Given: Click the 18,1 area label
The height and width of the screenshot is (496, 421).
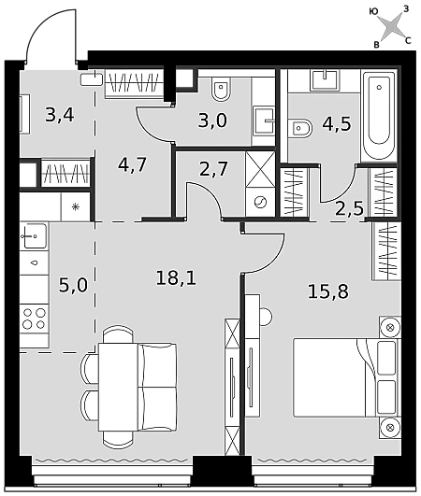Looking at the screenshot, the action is (176, 278).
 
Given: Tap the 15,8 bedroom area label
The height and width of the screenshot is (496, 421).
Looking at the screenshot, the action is (328, 291).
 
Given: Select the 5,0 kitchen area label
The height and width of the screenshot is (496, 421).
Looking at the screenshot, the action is (73, 285).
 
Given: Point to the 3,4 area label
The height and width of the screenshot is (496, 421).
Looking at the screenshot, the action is (60, 115).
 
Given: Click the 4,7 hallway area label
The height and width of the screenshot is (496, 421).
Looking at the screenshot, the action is (132, 164).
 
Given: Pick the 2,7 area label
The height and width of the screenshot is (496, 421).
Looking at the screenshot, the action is (213, 168).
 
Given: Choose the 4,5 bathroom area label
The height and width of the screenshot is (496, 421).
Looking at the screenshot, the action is (337, 123).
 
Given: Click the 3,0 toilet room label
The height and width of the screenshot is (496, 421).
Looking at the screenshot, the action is (212, 120).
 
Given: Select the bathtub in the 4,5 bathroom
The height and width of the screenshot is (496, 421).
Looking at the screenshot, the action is (379, 116).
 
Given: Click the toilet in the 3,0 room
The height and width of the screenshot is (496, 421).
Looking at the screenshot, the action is (221, 90).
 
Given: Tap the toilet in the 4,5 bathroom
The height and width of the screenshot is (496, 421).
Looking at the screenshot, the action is (300, 128).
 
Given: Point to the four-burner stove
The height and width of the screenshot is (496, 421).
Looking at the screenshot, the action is (35, 319).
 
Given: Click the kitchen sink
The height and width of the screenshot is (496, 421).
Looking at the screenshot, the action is (35, 235).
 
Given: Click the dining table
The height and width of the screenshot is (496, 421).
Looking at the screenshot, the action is (118, 387).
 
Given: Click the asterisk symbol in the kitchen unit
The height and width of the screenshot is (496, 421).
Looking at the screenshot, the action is (75, 207).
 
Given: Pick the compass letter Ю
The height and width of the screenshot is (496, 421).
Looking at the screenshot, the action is (374, 12).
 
